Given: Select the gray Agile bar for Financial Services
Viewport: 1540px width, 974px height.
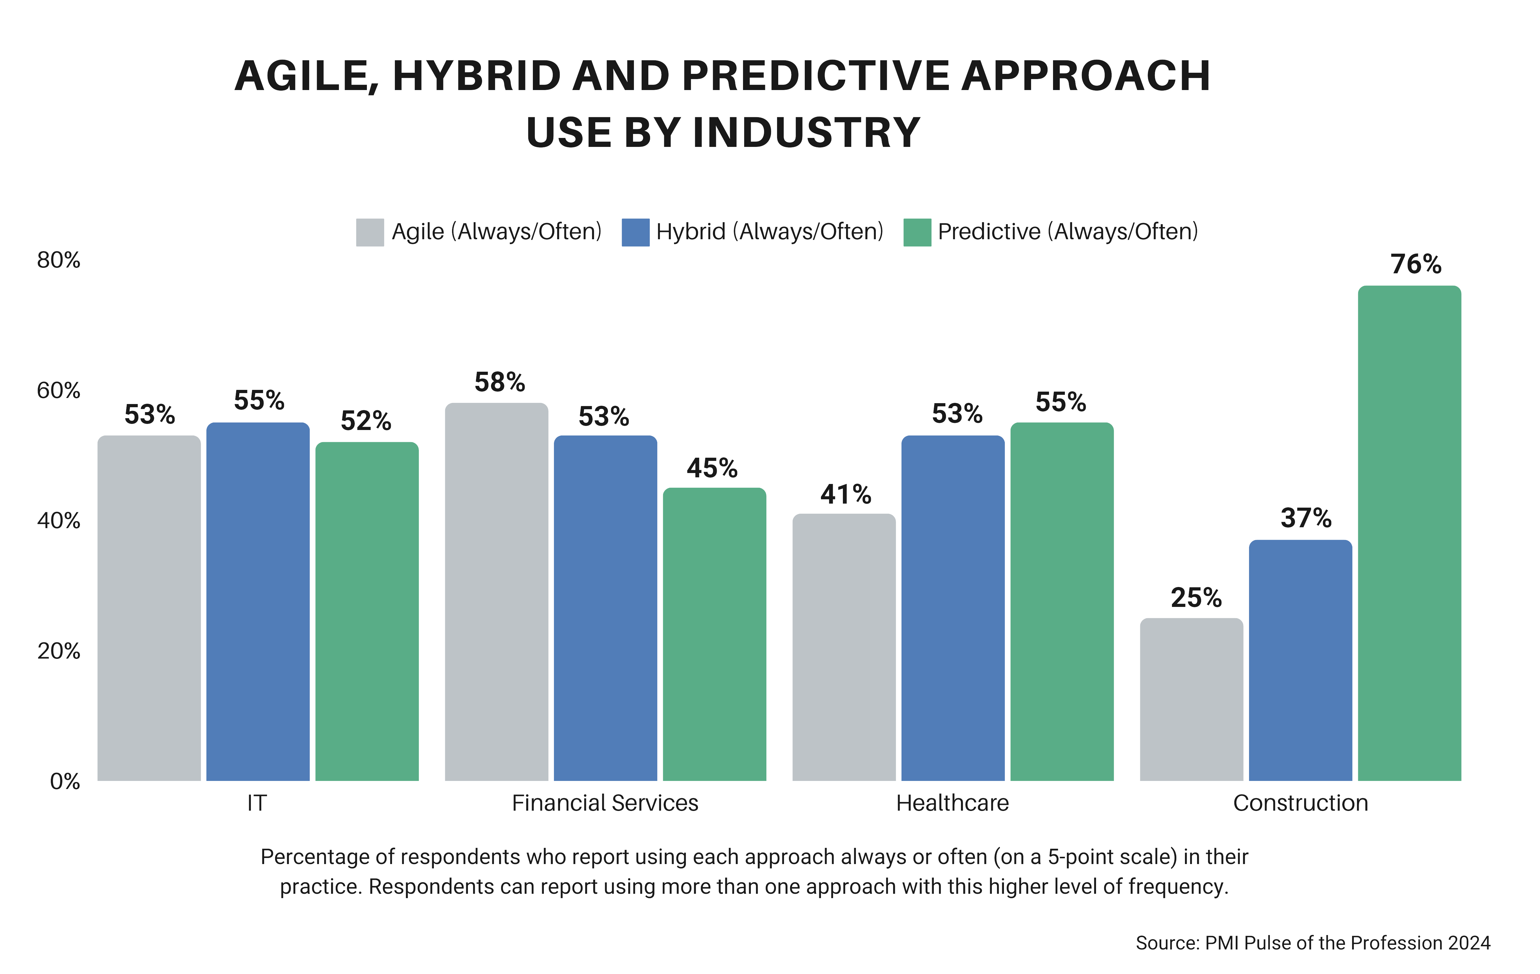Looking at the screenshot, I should click(496, 592).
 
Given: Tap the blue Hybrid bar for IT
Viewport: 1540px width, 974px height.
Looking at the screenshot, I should click(258, 601).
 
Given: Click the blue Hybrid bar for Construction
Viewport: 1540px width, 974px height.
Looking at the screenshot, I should click(1300, 660).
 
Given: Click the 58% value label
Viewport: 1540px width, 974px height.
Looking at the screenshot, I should click(499, 382).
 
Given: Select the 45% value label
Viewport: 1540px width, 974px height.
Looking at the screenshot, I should click(712, 468).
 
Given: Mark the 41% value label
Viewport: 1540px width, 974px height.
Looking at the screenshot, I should click(845, 494).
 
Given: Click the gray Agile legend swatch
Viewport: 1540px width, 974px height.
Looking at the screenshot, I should click(370, 232).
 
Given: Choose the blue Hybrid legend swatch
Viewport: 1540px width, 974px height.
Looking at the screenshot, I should click(635, 232).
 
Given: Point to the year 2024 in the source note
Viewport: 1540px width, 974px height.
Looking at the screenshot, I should click(1469, 943).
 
